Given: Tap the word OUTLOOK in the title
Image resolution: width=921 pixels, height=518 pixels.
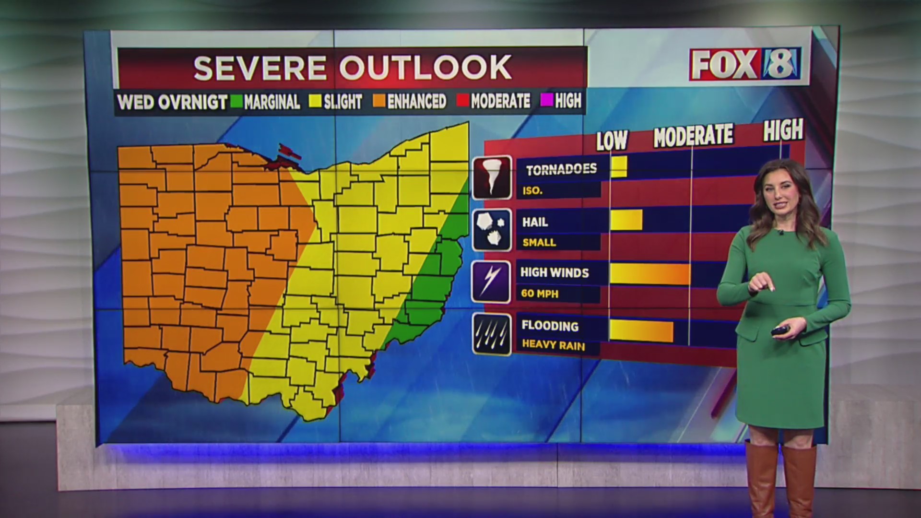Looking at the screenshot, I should (x=425, y=68).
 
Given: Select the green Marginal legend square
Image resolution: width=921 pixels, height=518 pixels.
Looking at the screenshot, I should (x=236, y=101).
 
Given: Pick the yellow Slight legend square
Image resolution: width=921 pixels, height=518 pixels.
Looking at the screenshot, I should (x=315, y=101).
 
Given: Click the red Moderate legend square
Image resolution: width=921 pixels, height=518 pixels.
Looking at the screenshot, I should (x=463, y=101).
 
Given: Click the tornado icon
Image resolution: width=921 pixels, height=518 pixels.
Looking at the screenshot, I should (x=492, y=177).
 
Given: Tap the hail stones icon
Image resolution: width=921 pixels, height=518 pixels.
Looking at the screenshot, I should (x=492, y=230).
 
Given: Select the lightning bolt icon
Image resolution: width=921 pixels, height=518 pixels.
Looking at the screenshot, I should (x=491, y=282).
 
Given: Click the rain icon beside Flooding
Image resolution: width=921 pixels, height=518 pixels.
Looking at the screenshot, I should (x=492, y=334).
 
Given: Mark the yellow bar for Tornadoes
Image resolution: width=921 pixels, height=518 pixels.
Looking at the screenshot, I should (x=619, y=166).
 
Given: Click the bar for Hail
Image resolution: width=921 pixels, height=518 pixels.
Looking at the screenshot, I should (x=626, y=220).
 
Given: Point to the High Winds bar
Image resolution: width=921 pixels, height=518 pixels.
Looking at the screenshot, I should (x=650, y=273).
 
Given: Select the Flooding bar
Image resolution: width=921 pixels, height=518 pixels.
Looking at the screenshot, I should (x=641, y=331).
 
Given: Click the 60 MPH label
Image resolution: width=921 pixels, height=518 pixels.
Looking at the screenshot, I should (x=540, y=294).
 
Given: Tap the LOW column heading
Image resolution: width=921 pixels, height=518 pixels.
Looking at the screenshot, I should (x=612, y=140).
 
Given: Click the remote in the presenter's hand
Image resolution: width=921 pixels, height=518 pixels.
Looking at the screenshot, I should (x=780, y=330).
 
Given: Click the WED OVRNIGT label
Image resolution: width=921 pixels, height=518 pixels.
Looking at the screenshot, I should (x=172, y=102).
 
